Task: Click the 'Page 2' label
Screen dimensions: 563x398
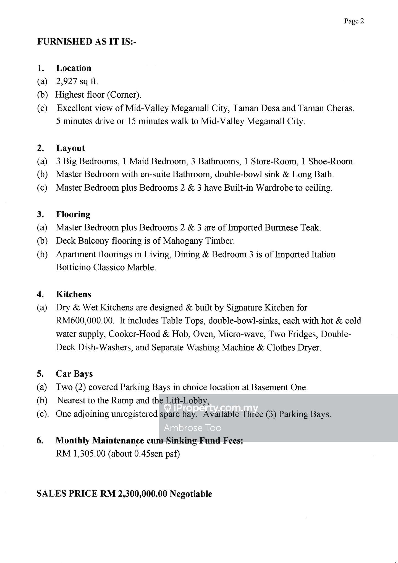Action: [354, 21]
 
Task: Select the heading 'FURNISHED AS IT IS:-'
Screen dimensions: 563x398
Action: [87, 42]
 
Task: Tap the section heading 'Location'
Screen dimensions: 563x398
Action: [74, 68]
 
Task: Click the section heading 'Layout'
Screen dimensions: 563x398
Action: [70, 148]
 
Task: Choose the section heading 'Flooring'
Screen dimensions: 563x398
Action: [73, 214]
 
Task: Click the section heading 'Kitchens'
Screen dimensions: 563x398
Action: [73, 294]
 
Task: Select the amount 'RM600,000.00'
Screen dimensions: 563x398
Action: [85, 321]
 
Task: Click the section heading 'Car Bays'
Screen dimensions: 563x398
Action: [74, 374]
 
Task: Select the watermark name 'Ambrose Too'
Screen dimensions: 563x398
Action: [193, 428]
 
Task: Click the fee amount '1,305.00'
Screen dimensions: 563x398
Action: [89, 454]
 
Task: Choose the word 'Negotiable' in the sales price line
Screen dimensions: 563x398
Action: [191, 494]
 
